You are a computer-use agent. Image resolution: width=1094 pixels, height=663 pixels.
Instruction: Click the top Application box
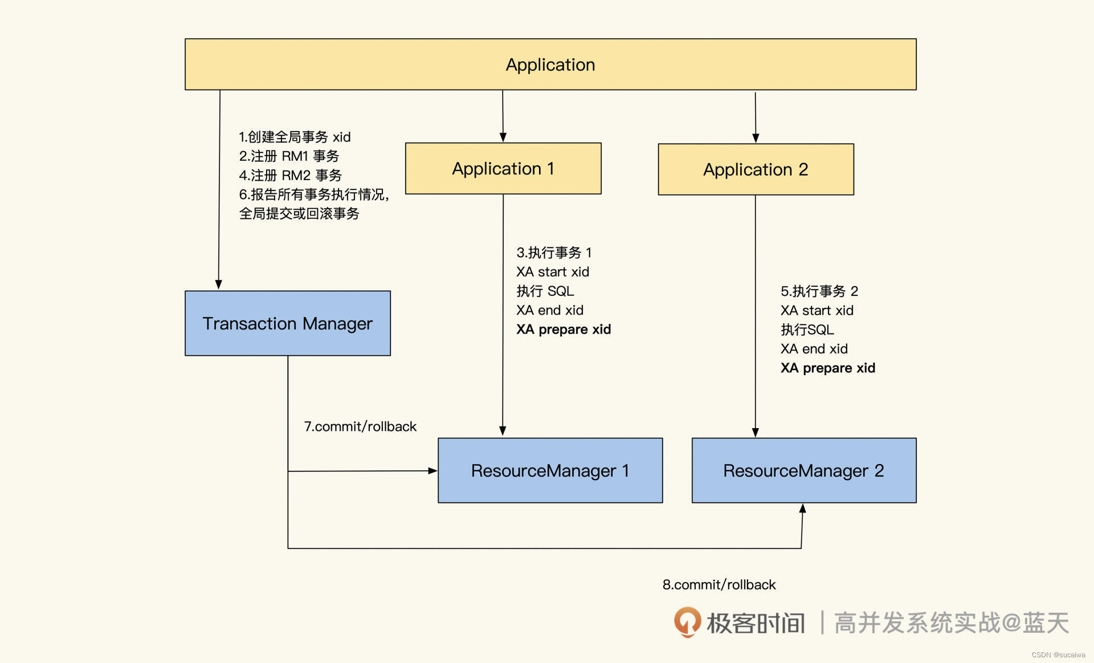[x=550, y=64]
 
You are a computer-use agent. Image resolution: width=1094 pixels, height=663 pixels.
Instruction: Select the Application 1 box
[x=503, y=169]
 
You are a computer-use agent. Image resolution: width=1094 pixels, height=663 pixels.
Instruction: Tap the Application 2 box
[x=756, y=169]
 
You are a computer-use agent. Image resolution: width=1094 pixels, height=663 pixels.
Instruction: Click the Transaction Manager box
[x=288, y=323]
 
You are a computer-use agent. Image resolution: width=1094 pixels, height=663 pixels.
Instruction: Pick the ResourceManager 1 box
[x=550, y=470]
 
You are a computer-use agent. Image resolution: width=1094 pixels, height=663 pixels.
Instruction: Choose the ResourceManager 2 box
[x=803, y=470]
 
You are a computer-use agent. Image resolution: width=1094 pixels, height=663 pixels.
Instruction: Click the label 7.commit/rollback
[x=360, y=426]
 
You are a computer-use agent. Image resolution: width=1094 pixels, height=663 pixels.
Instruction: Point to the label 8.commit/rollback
[x=719, y=584]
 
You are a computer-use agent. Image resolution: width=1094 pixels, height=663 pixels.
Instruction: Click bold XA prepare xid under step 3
[x=564, y=330]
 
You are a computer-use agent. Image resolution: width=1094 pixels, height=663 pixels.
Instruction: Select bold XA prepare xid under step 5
[x=827, y=368]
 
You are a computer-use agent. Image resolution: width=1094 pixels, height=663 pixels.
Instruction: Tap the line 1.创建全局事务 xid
[x=295, y=137]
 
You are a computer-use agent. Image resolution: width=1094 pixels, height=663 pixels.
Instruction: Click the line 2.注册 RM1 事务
[x=289, y=156]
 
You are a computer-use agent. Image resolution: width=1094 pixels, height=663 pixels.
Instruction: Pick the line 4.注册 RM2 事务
[x=290, y=175]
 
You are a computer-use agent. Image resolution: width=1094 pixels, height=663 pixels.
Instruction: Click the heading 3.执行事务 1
[x=554, y=253]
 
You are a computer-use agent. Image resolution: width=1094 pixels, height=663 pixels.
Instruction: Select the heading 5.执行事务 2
[x=819, y=291]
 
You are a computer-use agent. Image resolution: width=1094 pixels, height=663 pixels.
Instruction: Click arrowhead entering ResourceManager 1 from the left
[x=432, y=471]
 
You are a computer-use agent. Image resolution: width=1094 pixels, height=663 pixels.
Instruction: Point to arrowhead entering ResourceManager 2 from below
[x=802, y=509]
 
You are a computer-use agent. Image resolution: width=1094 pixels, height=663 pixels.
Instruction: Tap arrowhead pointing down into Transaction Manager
[x=219, y=284]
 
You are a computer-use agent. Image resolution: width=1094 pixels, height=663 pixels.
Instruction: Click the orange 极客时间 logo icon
[x=687, y=622]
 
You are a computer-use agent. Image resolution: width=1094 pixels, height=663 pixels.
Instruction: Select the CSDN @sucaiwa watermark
[x=1058, y=654]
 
